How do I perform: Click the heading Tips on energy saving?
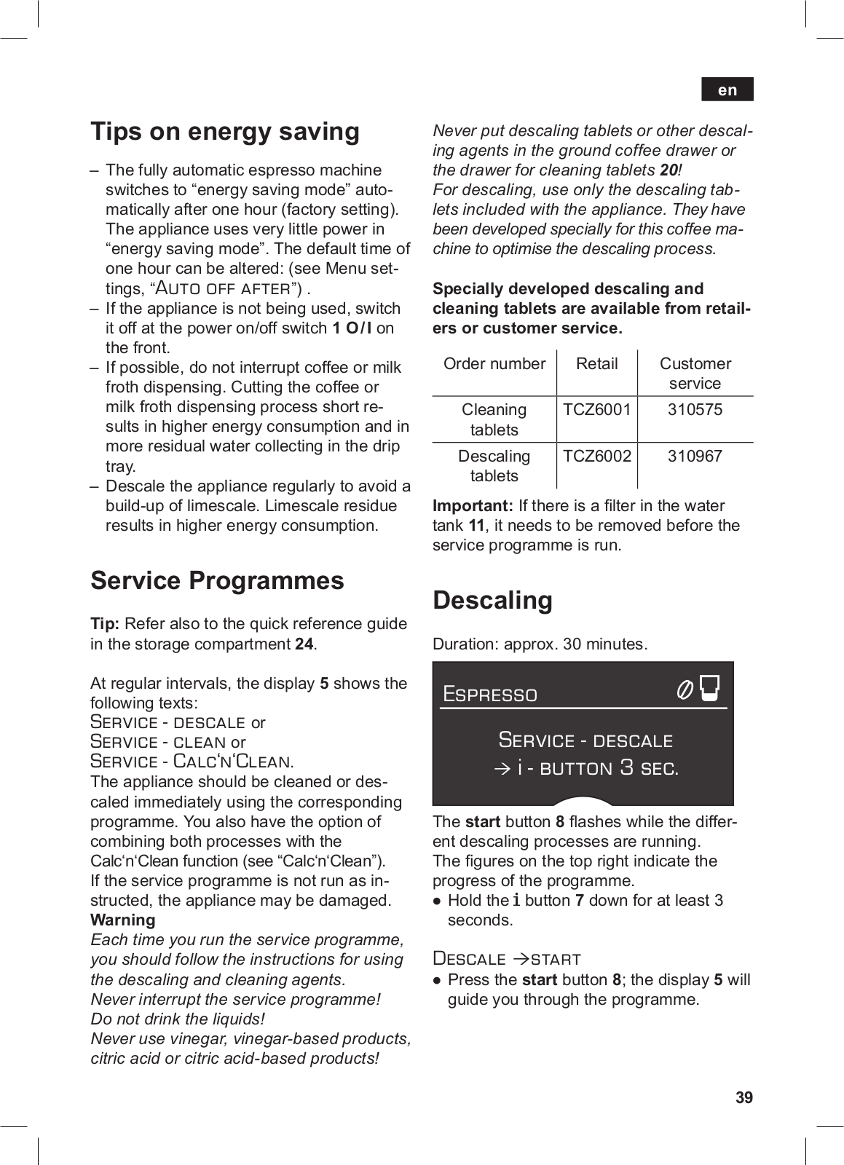pos(225,132)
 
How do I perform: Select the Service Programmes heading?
pos(217,580)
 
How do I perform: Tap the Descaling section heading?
pos(492,600)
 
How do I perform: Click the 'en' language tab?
pos(727,90)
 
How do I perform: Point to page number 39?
pos(744,1097)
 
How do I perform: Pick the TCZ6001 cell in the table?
pos(596,410)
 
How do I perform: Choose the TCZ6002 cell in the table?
pos(596,457)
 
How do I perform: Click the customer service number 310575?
pos(695,410)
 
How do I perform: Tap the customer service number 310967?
pos(695,457)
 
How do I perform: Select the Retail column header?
pos(596,364)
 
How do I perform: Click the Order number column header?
pos(494,364)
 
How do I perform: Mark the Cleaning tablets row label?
pos(494,419)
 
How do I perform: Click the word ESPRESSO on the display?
pos(490,695)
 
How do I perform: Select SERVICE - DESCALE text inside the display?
pos(585,741)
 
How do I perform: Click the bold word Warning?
pos(122,920)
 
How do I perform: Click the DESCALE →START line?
pos(507,959)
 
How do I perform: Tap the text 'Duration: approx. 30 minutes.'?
pos(540,644)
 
